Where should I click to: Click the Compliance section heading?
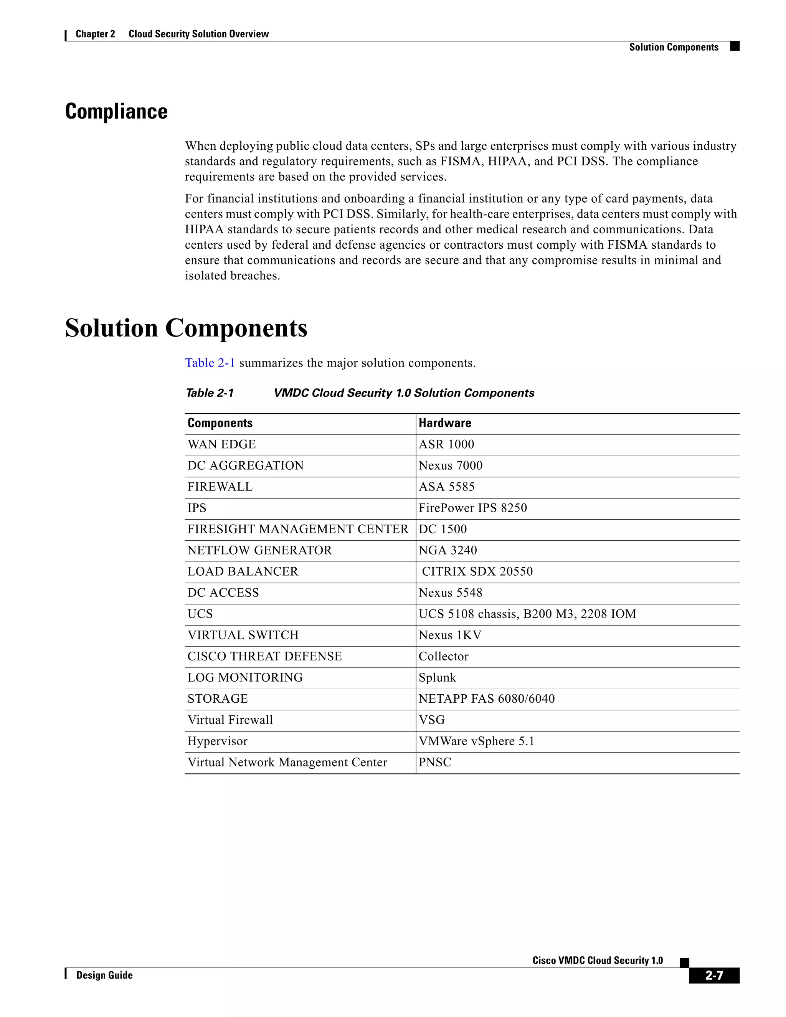click(x=116, y=112)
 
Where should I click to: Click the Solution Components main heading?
click(x=186, y=328)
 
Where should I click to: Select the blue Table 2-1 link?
click(x=210, y=363)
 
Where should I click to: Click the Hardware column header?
click(x=445, y=423)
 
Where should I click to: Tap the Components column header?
click(x=220, y=423)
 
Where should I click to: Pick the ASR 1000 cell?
click(x=446, y=444)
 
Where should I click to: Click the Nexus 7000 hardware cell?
click(x=450, y=465)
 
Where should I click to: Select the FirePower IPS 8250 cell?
click(x=472, y=508)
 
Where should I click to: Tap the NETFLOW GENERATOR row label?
click(x=259, y=550)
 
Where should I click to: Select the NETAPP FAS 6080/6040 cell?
click(x=487, y=698)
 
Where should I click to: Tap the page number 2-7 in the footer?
click(x=714, y=976)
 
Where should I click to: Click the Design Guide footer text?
click(x=104, y=975)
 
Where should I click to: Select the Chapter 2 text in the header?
click(x=95, y=34)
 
